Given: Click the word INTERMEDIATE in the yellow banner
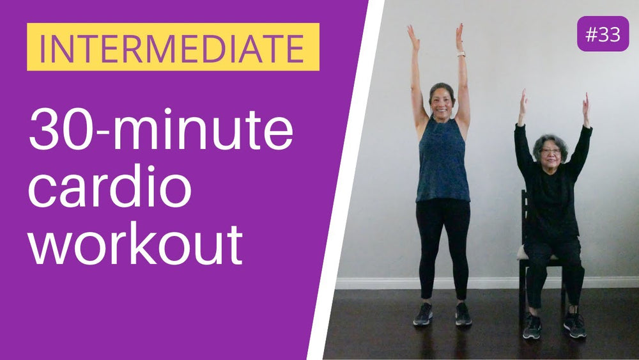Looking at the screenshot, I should click(x=173, y=47).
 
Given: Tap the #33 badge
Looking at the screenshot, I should click(x=603, y=35).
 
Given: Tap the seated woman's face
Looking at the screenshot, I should click(x=551, y=151).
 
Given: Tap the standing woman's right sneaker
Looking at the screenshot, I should click(x=423, y=314).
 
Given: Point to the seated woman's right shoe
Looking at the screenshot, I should click(x=532, y=325).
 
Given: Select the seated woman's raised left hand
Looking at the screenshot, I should click(x=585, y=104).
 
